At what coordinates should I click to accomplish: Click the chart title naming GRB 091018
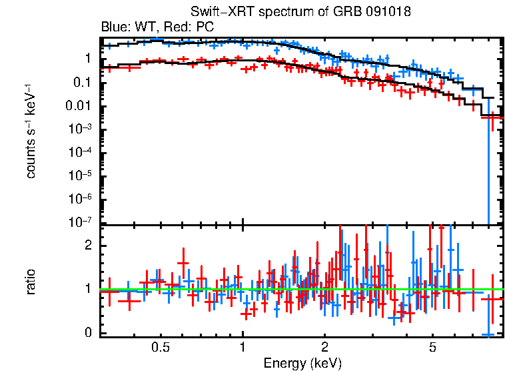coord(300,13)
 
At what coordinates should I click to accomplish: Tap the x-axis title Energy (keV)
coord(302,363)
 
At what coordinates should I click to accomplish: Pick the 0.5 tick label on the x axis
coord(160,348)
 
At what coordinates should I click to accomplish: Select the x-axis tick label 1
coord(243,348)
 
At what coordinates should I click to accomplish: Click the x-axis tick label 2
coord(324,348)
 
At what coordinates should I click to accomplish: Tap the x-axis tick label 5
coord(432,348)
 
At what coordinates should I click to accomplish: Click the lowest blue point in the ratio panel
coord(488,334)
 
